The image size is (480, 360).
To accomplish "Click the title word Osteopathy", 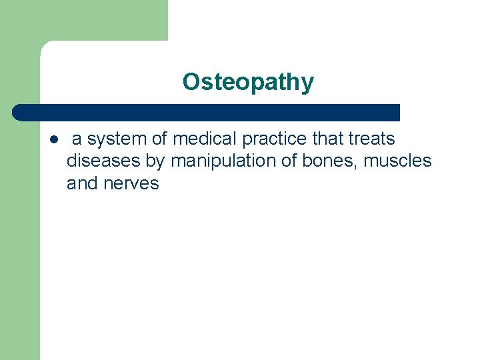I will [x=248, y=82].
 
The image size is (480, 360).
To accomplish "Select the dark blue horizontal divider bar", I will [x=207, y=112].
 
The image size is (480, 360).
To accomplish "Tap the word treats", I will [x=369, y=139].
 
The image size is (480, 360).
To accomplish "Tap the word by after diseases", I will [x=155, y=162].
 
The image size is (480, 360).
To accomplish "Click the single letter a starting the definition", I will [x=77, y=140].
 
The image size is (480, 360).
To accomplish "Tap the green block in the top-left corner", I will [x=83, y=20].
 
